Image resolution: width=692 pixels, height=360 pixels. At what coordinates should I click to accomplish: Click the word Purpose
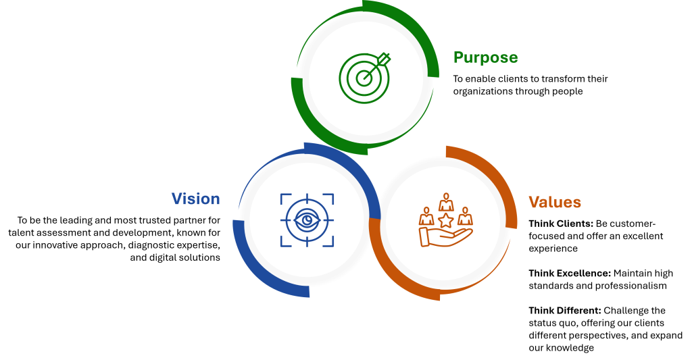click(x=485, y=58)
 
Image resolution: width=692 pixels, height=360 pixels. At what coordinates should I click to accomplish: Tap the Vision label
click(x=195, y=199)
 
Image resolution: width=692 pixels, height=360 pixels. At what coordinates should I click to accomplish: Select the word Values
click(x=554, y=203)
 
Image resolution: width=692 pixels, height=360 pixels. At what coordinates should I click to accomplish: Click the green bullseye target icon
click(x=365, y=77)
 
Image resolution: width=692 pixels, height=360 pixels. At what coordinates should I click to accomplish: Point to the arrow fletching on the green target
click(x=384, y=58)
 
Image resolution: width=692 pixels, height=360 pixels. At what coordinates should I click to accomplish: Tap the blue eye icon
click(x=307, y=220)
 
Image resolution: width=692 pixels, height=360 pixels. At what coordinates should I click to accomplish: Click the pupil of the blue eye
click(x=307, y=220)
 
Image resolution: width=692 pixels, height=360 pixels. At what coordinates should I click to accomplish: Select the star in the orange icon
click(x=445, y=220)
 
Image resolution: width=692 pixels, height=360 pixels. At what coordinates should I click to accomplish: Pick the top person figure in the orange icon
click(x=445, y=202)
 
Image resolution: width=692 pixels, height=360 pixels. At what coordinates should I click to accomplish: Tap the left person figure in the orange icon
click(x=426, y=216)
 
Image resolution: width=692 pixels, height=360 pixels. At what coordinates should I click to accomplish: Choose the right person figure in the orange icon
click(x=464, y=216)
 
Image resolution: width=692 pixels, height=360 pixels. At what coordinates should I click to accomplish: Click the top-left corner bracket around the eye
click(x=284, y=197)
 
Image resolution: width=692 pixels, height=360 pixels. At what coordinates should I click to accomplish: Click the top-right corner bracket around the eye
click(x=330, y=197)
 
